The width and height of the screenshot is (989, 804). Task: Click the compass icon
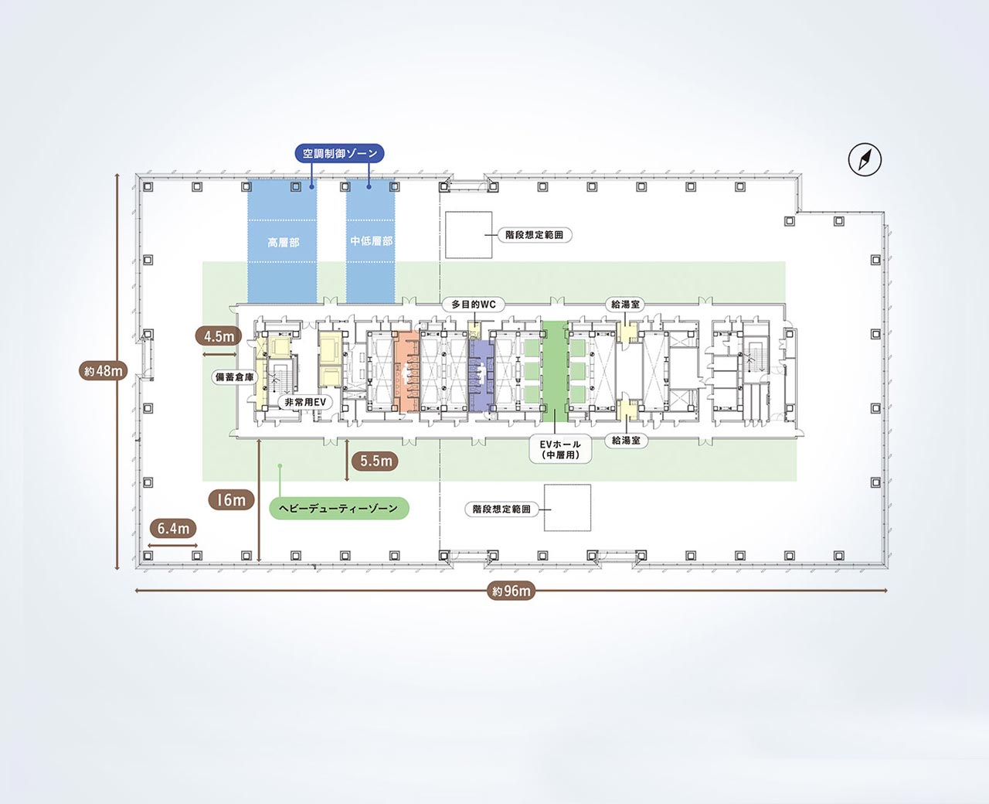(865, 159)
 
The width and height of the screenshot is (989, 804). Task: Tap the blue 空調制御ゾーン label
(339, 153)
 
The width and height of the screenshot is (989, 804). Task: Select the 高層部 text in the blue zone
(284, 243)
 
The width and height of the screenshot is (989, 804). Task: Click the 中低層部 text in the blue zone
(371, 241)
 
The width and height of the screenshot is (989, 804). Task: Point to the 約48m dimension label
(103, 370)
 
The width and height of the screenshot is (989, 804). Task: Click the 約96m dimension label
(511, 591)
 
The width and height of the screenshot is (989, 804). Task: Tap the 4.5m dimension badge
(219, 336)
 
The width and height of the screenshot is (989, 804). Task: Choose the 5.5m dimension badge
(376, 462)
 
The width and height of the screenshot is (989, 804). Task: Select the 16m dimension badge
(231, 499)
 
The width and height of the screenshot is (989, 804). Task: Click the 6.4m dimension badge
(173, 528)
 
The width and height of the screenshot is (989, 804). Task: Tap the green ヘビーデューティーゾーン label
(339, 508)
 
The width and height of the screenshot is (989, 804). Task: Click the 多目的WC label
(473, 305)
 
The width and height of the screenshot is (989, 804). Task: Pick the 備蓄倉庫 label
(234, 377)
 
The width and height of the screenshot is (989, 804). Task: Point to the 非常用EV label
(305, 402)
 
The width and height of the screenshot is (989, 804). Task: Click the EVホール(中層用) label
(560, 450)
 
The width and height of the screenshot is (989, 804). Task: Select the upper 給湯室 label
(625, 305)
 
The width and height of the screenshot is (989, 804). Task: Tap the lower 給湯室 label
(625, 441)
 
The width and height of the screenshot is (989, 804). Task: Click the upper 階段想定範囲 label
(534, 235)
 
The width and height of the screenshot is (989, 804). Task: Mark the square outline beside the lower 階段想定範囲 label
(567, 508)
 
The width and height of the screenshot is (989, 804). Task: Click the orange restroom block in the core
(406, 372)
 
